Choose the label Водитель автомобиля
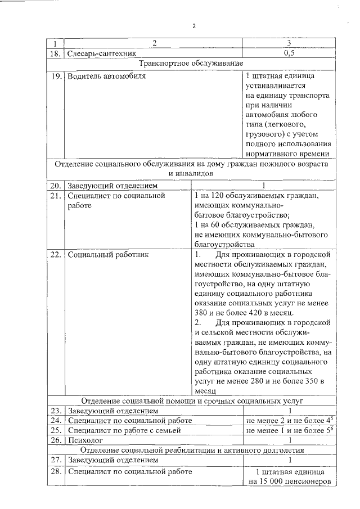coord(106,75)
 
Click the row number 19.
coord(55,75)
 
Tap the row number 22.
coord(55,254)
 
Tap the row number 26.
coord(55,440)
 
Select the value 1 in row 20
coord(263,185)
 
